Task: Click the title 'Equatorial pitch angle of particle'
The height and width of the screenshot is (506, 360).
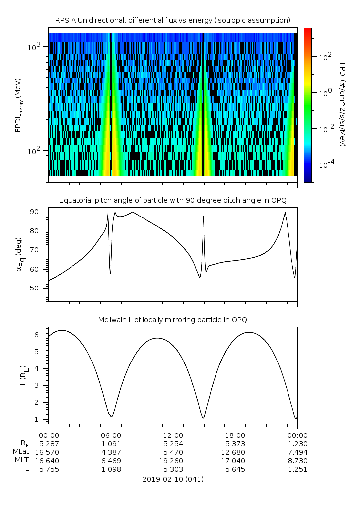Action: [x=172, y=200]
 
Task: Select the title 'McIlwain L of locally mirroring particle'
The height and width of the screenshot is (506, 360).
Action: [x=172, y=319]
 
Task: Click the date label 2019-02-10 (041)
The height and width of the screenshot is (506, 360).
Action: [x=173, y=479]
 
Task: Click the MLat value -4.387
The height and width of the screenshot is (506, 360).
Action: [x=111, y=452]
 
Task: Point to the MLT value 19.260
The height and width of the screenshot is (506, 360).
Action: [x=173, y=460]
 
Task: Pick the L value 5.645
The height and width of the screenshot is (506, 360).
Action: [x=235, y=469]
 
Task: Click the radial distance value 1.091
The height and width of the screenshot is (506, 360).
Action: [x=111, y=443]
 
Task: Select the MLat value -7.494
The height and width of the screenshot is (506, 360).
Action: [x=297, y=452]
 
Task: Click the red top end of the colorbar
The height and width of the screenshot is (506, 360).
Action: [x=308, y=31]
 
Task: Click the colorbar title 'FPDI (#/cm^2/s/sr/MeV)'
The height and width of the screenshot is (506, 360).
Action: [x=343, y=105]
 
